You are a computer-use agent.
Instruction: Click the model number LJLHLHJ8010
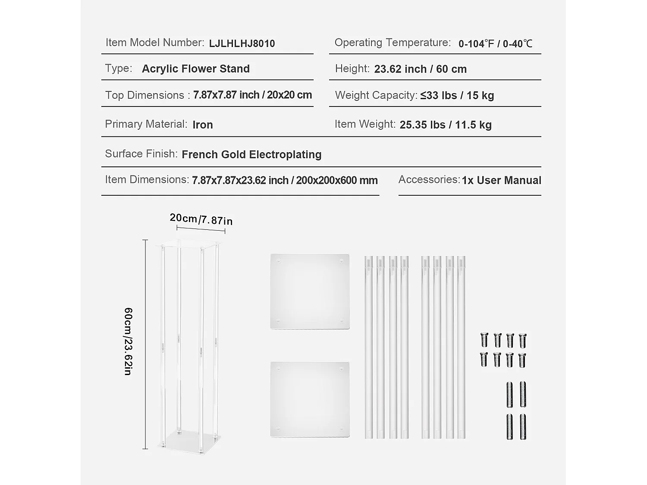pyautogui.click(x=242, y=44)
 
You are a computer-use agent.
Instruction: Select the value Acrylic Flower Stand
pyautogui.click(x=195, y=69)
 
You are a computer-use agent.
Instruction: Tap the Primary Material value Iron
pyautogui.click(x=202, y=125)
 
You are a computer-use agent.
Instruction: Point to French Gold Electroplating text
pyautogui.click(x=251, y=155)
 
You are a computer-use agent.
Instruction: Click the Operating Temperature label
pyautogui.click(x=393, y=43)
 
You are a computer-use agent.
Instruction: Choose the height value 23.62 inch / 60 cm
pyautogui.click(x=420, y=69)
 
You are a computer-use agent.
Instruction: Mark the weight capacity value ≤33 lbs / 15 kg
pyautogui.click(x=457, y=96)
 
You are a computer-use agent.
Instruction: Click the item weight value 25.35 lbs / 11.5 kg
pyautogui.click(x=445, y=125)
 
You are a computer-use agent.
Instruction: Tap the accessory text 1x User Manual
pyautogui.click(x=501, y=180)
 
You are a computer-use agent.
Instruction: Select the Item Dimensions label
pyautogui.click(x=147, y=180)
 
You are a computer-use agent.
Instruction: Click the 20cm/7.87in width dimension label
pyautogui.click(x=201, y=219)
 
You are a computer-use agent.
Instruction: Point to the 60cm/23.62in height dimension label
pyautogui.click(x=128, y=341)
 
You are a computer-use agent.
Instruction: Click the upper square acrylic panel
pyautogui.click(x=310, y=291)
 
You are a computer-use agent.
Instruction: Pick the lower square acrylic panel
pyautogui.click(x=310, y=399)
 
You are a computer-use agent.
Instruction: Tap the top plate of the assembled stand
pyautogui.click(x=190, y=244)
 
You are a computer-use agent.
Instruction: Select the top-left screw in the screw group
pyautogui.click(x=484, y=340)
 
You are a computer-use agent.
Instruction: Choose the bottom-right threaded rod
pyautogui.click(x=523, y=427)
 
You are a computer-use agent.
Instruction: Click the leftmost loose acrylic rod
pyautogui.click(x=369, y=347)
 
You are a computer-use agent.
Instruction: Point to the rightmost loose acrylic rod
pyautogui.click(x=461, y=347)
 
